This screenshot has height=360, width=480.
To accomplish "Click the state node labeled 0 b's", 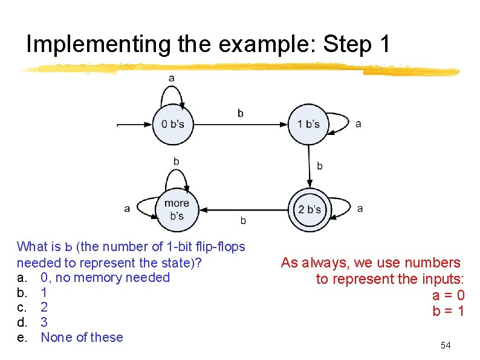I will click(172, 125).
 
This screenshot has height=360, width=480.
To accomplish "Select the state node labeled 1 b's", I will click(308, 125).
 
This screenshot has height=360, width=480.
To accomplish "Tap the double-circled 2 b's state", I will click(309, 209).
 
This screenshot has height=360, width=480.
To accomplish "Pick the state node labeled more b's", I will click(177, 209).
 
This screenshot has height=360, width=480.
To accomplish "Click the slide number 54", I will click(446, 345).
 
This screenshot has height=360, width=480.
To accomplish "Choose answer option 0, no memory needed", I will click(105, 278).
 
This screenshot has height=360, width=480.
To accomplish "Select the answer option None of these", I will click(82, 338).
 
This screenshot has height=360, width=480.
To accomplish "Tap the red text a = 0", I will click(448, 295).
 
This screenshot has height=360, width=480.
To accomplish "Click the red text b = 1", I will click(448, 312).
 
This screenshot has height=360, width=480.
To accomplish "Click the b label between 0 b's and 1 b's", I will click(241, 113).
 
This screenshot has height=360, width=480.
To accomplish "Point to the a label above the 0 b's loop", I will click(172, 77).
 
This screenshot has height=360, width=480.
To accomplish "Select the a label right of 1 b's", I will click(358, 123).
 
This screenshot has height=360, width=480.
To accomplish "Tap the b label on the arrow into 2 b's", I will click(320, 165).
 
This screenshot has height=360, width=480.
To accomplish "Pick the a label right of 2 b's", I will click(360, 208).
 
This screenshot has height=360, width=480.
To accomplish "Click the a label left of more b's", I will click(127, 209).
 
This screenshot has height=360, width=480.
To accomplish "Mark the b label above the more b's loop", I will click(176, 161).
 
